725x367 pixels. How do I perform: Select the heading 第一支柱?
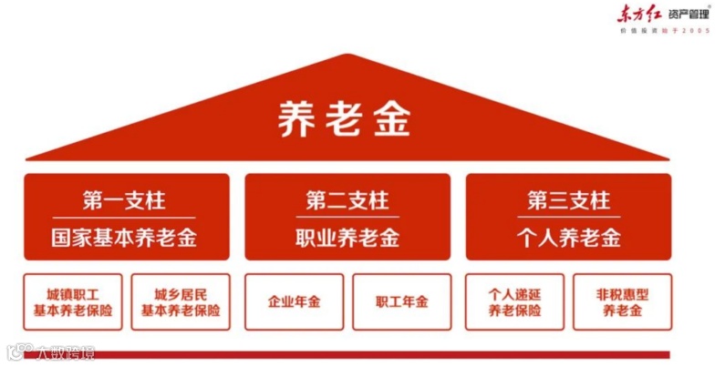pos(125,199)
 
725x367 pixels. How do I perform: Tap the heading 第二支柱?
pos(347,199)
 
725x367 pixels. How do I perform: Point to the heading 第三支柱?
pos(567,199)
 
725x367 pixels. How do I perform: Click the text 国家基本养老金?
pos(125,239)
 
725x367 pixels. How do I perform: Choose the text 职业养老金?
pos(347,239)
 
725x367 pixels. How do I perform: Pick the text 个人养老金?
pos(567,239)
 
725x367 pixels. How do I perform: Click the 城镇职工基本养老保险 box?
pos(73,301)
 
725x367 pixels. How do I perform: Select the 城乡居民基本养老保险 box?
pos(181,301)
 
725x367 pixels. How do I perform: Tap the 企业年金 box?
pos(294,301)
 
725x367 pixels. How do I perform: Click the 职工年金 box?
pos(401,301)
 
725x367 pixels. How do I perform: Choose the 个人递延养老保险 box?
pos(514,301)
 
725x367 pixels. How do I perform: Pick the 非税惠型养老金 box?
pos(622,301)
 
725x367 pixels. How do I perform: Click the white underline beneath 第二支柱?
pos(347,217)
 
